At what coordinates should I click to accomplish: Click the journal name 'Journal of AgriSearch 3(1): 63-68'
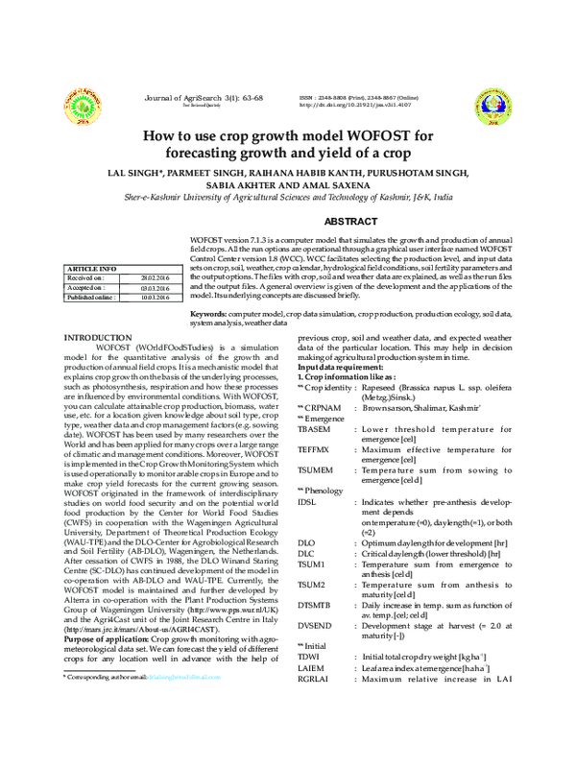tap(204, 97)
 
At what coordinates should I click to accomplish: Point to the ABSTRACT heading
tap(350, 222)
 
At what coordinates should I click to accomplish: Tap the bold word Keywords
tap(207, 315)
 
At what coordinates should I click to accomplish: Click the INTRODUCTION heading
tap(97, 338)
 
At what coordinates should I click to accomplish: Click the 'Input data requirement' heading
tap(340, 368)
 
